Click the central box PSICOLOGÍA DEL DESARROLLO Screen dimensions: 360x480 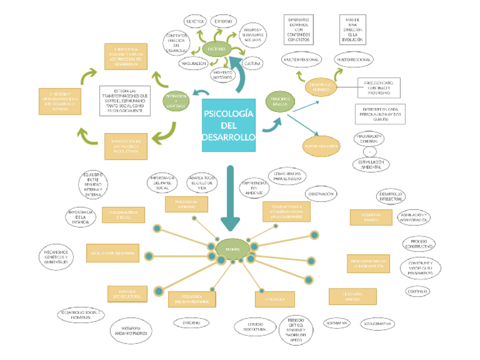(229, 126)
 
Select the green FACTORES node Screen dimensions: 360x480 (217, 49)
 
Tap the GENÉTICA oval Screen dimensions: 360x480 (195, 22)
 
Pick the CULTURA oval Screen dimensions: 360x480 (252, 64)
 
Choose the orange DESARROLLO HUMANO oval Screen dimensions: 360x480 (321, 87)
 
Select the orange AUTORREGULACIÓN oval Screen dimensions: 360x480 (321, 146)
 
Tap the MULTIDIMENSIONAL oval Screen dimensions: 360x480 (302, 59)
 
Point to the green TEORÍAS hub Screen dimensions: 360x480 (233, 249)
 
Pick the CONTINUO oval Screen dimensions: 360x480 (419, 292)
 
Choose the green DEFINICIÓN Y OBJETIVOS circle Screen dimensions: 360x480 (176, 101)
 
